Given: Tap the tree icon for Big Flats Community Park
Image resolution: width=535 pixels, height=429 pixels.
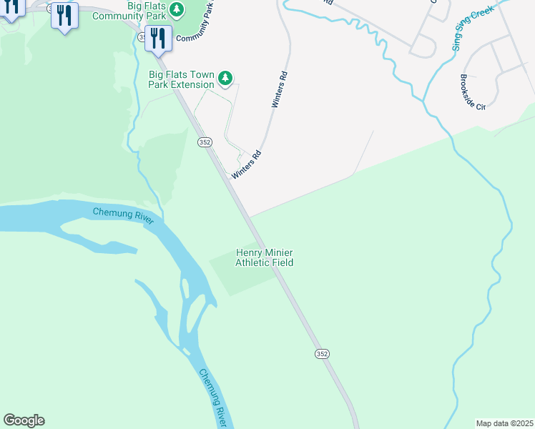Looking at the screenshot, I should point(175,10).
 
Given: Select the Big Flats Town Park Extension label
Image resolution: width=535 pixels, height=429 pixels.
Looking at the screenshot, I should point(182,79).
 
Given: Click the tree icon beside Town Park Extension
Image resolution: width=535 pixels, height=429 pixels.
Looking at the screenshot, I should point(225,77).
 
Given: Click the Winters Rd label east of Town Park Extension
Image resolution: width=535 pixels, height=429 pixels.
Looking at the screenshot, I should point(280,89).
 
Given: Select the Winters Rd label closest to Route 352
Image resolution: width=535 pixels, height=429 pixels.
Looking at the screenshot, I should point(246,164).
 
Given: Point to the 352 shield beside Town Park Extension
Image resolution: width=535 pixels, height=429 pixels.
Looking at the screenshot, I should point(205,143).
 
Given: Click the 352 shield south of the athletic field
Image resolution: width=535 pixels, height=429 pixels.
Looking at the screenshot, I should point(322,354).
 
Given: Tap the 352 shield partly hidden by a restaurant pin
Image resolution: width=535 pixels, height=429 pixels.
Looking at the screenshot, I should point(143,36).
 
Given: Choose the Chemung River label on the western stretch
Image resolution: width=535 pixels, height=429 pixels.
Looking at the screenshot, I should point(123,214).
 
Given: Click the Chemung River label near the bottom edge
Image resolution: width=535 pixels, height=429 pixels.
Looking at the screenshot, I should point(212,396).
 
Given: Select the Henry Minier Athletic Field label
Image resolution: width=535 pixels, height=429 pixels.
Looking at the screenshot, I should point(265,257).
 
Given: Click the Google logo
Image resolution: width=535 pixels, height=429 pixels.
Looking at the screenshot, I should point(24,420).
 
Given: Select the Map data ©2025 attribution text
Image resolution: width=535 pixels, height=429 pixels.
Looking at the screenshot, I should point(504,423).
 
